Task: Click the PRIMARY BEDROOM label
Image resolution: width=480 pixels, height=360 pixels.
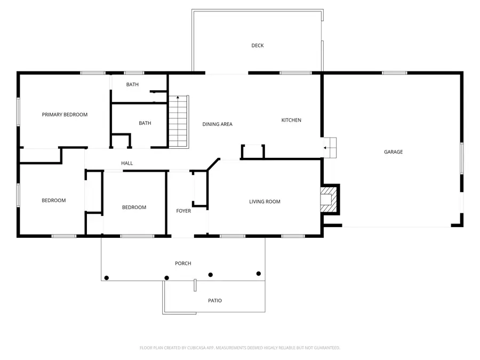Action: click(65, 115)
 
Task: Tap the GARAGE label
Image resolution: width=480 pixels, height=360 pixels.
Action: click(393, 152)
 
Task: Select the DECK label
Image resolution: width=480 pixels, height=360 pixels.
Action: click(258, 45)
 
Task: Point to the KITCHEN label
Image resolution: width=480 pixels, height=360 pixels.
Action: click(291, 120)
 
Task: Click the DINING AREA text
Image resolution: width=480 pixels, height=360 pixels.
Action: click(217, 124)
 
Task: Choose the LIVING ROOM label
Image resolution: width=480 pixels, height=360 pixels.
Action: click(265, 202)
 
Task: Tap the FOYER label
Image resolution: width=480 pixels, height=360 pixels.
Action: click(183, 211)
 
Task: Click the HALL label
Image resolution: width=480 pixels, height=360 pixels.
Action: click(127, 163)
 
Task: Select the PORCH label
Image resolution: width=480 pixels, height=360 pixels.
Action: click(183, 263)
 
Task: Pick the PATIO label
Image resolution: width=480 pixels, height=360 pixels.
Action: click(215, 301)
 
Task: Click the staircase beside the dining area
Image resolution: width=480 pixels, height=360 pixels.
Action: click(179, 122)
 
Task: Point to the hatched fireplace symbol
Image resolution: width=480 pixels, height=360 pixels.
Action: click(326, 199)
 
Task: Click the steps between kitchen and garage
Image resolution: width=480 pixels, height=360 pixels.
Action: click(331, 148)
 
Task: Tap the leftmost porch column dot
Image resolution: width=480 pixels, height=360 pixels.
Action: click(107, 278)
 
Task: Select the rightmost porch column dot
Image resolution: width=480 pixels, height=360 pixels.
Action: click(259, 274)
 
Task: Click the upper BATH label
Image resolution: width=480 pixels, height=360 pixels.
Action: click(132, 85)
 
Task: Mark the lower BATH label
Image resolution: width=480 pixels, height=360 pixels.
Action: click(145, 123)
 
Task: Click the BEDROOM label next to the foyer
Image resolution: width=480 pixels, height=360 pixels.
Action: click(134, 207)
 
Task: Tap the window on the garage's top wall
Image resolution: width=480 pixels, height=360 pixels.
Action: click(394, 73)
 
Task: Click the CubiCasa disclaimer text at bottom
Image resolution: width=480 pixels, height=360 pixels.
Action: click(239, 348)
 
